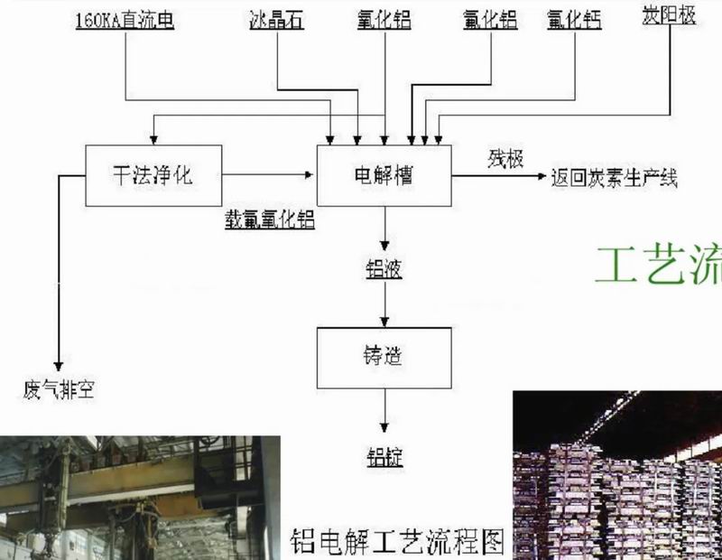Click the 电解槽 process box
pos(384,174)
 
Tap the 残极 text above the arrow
pos(505,159)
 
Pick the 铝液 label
pos(384,269)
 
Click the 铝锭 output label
pos(384,457)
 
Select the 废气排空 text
pos(59,391)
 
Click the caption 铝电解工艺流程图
pos(396,541)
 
